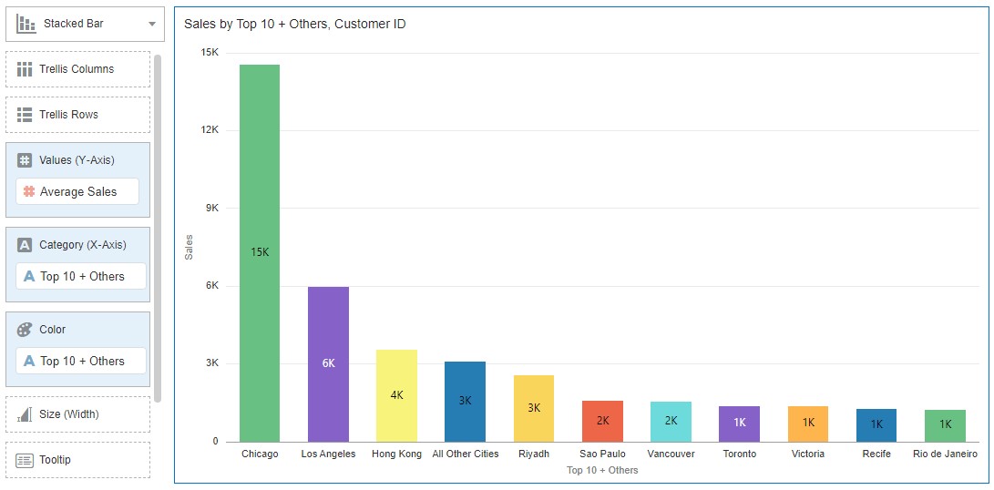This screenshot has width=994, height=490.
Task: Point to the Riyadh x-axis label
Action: pos(534,454)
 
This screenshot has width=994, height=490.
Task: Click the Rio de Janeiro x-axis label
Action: pos(945,454)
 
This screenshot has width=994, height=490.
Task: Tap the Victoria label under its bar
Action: pos(808,454)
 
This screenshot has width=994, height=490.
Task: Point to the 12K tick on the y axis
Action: pos(210,130)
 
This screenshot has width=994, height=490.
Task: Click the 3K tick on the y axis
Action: pos(211,363)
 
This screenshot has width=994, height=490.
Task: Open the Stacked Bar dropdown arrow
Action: pos(152,25)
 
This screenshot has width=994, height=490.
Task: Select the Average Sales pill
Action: pos(77,191)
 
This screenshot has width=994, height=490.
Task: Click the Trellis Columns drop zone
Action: pos(77,69)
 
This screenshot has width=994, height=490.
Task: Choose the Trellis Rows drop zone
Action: pos(77,115)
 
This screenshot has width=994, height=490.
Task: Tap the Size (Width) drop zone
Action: pos(77,414)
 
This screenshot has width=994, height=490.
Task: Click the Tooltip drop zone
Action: pos(77,460)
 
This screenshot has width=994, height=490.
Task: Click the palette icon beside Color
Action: pos(25,330)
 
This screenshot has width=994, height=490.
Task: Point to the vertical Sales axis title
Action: pos(189,247)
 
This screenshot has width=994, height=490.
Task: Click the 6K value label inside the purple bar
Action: pos(328,363)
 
